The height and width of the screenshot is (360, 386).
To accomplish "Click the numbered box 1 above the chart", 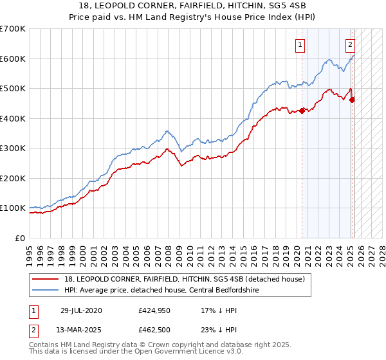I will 301,44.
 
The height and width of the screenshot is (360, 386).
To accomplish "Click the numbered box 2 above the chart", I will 350,44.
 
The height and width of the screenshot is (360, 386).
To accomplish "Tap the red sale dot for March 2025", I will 352,100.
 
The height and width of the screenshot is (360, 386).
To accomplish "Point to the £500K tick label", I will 13,88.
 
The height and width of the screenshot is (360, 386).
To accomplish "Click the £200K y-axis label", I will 13,178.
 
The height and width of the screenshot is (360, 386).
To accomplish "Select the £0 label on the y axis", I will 20,238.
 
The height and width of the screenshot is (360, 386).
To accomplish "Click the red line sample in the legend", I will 46,278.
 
